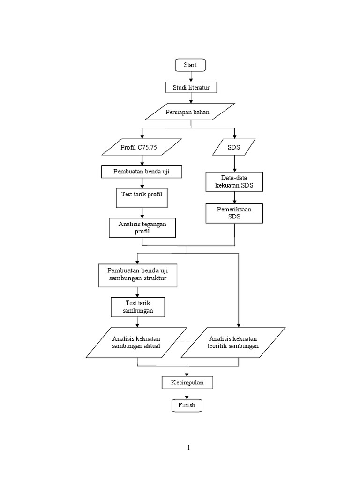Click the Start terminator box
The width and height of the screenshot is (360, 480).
coord(190,65)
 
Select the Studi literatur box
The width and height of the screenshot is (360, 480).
coord(191,88)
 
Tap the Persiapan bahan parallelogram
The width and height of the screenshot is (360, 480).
coord(190,112)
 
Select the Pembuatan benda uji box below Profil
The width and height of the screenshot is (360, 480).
coord(142,172)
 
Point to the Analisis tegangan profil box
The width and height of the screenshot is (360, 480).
coord(142,228)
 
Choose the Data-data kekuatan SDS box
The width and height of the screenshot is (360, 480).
coord(234,182)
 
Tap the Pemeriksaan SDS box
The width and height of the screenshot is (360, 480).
coord(234,213)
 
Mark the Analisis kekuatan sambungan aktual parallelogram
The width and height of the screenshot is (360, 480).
coord(137,343)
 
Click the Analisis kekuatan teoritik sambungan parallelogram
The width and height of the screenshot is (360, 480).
coord(233,343)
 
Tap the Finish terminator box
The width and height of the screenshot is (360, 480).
coord(187,405)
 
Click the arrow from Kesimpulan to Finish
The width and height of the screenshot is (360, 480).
coord(187,394)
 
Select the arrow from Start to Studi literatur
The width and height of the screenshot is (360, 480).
coord(190,77)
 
